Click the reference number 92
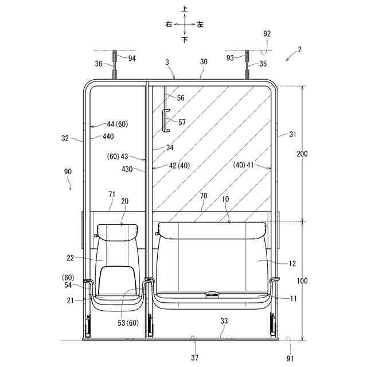coord(267,34)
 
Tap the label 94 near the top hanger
coord(132,58)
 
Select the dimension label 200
coord(302,154)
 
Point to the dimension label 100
coord(302,280)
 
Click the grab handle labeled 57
coord(167,120)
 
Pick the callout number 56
coord(181,98)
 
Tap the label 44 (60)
coord(118,124)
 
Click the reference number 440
coord(108,136)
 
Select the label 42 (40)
coord(179,166)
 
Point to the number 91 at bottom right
coord(290,358)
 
